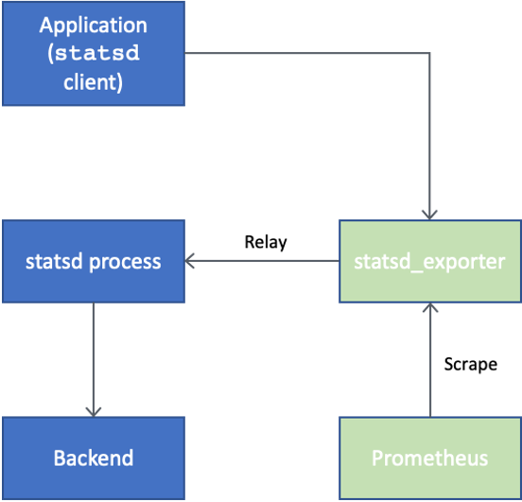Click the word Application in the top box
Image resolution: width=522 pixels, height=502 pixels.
(93, 25)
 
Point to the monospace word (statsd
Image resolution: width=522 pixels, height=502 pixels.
(93, 53)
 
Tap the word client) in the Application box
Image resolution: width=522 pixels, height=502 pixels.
(93, 81)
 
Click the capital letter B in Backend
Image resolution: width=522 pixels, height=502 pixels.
(59, 459)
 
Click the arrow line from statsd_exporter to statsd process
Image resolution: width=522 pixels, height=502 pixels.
(265, 261)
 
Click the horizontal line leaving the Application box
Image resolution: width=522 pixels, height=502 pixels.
(303, 53)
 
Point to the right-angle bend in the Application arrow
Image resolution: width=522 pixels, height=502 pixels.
(430, 53)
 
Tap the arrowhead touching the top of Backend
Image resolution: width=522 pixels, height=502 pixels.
(93, 410)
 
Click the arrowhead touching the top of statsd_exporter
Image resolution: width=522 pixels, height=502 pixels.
(430, 214)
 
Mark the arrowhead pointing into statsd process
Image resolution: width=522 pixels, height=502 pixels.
(192, 261)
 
